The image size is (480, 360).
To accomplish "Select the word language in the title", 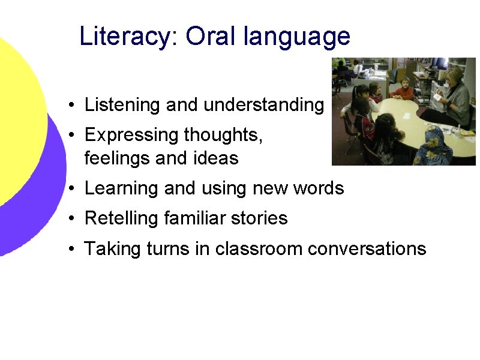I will point(297,37).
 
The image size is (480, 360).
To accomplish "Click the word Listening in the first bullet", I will point(123,106).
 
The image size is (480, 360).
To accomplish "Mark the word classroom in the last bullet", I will point(259,248).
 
